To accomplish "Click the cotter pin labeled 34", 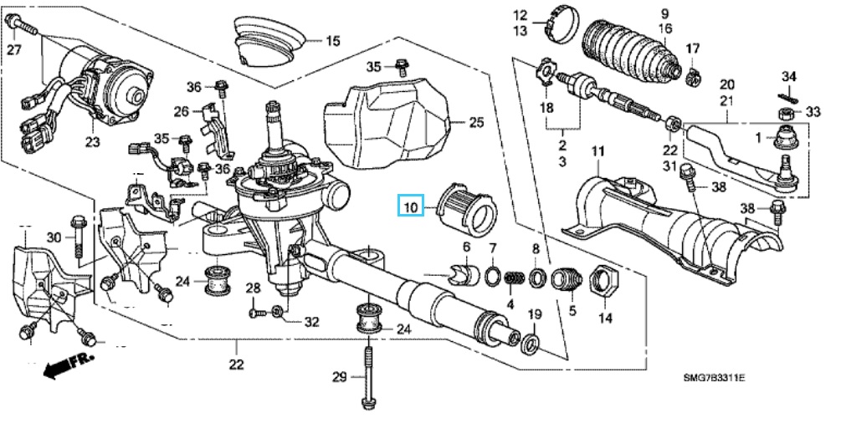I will (x=787, y=94).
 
